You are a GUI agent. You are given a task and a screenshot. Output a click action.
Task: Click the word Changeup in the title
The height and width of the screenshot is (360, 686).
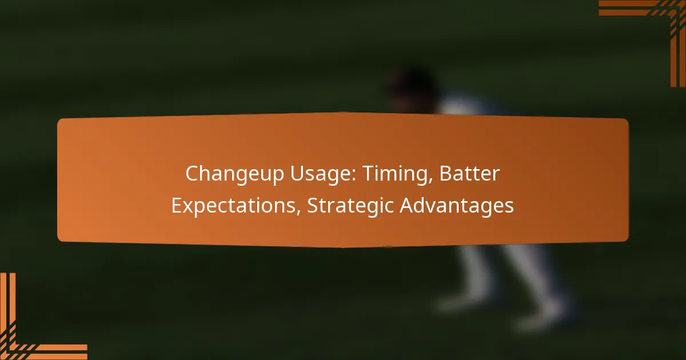tap(234, 174)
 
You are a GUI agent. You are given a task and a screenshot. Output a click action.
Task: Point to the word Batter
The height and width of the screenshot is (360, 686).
tap(470, 173)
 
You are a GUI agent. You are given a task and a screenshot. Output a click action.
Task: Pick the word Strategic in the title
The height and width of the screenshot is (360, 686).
tap(350, 206)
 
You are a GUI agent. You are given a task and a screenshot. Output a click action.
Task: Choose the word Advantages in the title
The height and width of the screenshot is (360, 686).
tap(457, 206)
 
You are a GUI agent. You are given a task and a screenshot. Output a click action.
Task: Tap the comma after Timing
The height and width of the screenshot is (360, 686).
tap(430, 181)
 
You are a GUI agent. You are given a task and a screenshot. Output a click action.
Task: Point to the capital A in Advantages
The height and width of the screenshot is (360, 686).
tap(408, 205)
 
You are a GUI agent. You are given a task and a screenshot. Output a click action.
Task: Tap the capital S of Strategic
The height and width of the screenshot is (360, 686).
tap(313, 205)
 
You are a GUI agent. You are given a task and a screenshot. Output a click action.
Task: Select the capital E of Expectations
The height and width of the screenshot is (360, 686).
tap(177, 205)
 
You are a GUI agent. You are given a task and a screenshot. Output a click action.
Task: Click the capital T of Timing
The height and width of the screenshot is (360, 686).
tap(369, 174)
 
